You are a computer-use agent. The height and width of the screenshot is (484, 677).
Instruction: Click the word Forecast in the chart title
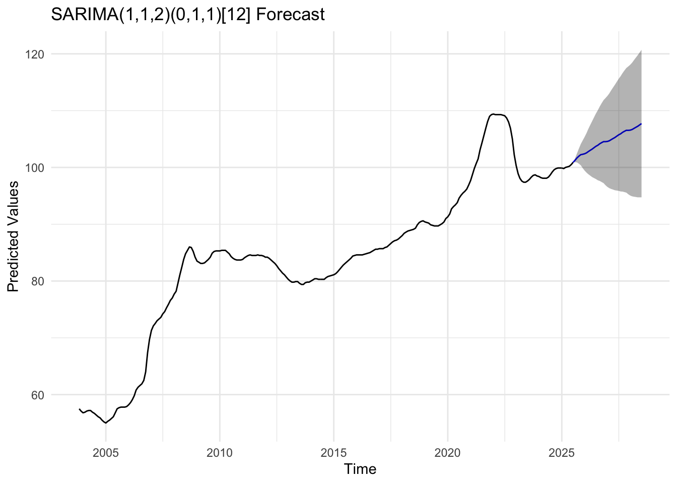coord(290,15)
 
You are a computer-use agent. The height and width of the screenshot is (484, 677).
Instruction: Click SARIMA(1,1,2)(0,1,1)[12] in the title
coord(151,15)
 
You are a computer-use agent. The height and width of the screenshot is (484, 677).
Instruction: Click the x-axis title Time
coord(360,469)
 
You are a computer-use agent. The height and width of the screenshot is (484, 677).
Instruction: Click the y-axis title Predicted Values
coord(14,236)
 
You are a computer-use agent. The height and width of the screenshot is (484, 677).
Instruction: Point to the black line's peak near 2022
coord(493,114)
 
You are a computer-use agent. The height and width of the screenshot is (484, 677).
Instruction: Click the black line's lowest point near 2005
coord(105,422)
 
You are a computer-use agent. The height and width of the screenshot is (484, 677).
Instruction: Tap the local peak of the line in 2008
coord(189,247)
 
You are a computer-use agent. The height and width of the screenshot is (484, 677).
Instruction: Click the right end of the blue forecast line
coord(641,124)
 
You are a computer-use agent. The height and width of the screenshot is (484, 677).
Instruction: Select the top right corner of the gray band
coord(641,50)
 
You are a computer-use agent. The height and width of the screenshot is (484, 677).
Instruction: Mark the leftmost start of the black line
coord(80,409)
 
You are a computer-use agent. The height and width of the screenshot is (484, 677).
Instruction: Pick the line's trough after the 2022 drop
coord(524,182)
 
